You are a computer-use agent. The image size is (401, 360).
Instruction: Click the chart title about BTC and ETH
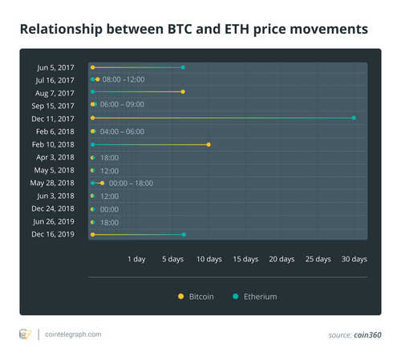pos(193,29)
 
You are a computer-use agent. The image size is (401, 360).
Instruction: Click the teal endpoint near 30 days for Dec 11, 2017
pos(354,119)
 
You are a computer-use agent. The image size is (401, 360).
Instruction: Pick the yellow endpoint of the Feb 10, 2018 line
pos(209,144)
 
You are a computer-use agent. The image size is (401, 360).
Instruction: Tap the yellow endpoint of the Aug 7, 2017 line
pos(184,92)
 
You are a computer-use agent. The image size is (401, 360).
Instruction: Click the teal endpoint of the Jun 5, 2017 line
pos(183,67)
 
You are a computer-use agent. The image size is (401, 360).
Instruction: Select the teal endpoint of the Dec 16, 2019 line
pos(184,234)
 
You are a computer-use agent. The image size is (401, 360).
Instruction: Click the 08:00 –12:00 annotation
pos(123,80)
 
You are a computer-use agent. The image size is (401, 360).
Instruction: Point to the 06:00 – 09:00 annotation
pos(122,106)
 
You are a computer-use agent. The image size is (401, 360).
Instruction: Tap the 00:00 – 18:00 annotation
pos(131,183)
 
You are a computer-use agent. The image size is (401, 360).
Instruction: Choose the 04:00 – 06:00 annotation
pos(122,131)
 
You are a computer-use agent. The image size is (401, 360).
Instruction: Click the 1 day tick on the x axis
pos(136,259)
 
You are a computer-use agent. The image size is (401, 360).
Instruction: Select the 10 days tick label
pos(209,259)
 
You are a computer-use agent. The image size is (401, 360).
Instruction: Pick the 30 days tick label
pos(354,259)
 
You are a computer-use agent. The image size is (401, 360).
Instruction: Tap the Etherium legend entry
pos(254,297)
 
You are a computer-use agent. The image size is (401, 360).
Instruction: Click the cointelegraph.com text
pos(73,334)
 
